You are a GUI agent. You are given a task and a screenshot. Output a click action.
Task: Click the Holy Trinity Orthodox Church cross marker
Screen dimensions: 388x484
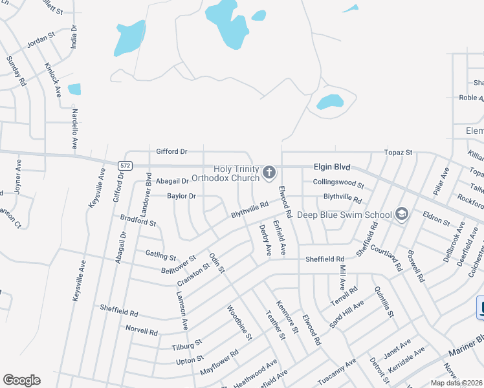[269, 172]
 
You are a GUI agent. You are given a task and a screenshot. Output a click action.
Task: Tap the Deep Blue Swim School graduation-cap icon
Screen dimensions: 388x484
[402, 215]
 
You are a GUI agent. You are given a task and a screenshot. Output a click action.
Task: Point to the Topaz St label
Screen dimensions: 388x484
[399, 152]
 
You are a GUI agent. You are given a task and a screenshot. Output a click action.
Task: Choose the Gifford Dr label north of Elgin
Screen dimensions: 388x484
[171, 151]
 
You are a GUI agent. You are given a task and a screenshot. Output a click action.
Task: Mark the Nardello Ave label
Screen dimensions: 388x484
[74, 128]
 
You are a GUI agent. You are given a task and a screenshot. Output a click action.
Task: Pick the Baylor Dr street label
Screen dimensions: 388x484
[181, 195]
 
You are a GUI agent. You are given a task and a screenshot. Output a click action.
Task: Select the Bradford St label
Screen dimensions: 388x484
[138, 222]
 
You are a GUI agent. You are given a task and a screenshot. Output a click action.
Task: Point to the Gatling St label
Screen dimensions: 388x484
[160, 257]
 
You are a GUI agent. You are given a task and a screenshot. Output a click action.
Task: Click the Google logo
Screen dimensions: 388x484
[21, 380]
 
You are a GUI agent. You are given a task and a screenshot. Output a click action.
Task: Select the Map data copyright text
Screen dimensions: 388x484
[457, 383]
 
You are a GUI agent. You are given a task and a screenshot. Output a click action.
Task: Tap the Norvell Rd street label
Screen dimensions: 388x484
[142, 332]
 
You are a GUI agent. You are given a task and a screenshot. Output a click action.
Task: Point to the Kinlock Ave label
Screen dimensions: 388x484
[52, 79]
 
